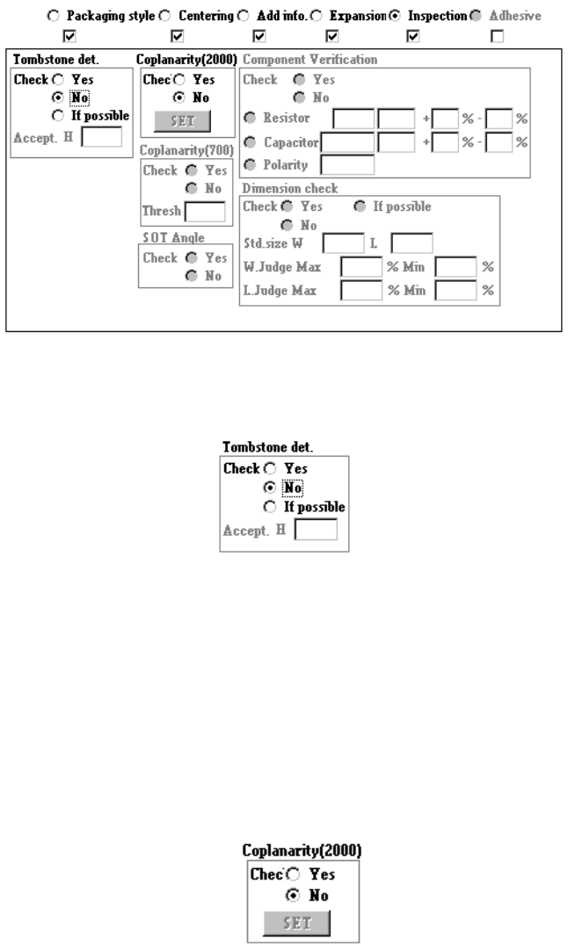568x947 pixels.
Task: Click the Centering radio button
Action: point(164,16)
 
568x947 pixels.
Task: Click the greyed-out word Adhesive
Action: point(515,16)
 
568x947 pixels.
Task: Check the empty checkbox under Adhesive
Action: point(498,35)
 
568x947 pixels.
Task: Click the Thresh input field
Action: point(204,212)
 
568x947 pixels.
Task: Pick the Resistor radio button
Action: point(249,118)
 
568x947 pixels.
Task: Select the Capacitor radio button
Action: point(249,141)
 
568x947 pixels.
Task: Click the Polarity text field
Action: point(347,164)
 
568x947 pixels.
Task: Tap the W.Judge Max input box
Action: point(362,266)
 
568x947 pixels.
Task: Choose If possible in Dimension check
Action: point(360,206)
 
